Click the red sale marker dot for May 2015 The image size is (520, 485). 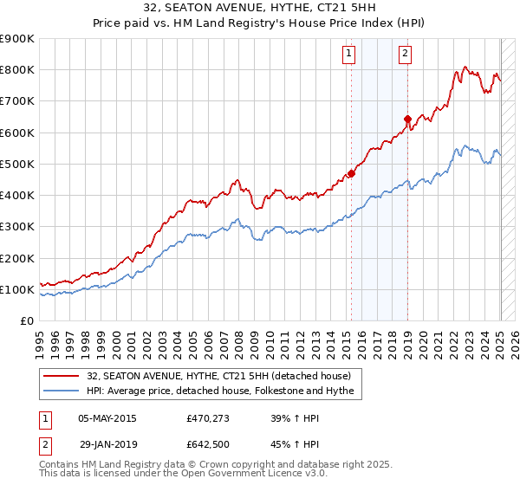pyautogui.click(x=351, y=173)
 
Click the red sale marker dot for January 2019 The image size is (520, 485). pyautogui.click(x=407, y=119)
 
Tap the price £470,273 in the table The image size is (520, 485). pyautogui.click(x=206, y=417)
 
